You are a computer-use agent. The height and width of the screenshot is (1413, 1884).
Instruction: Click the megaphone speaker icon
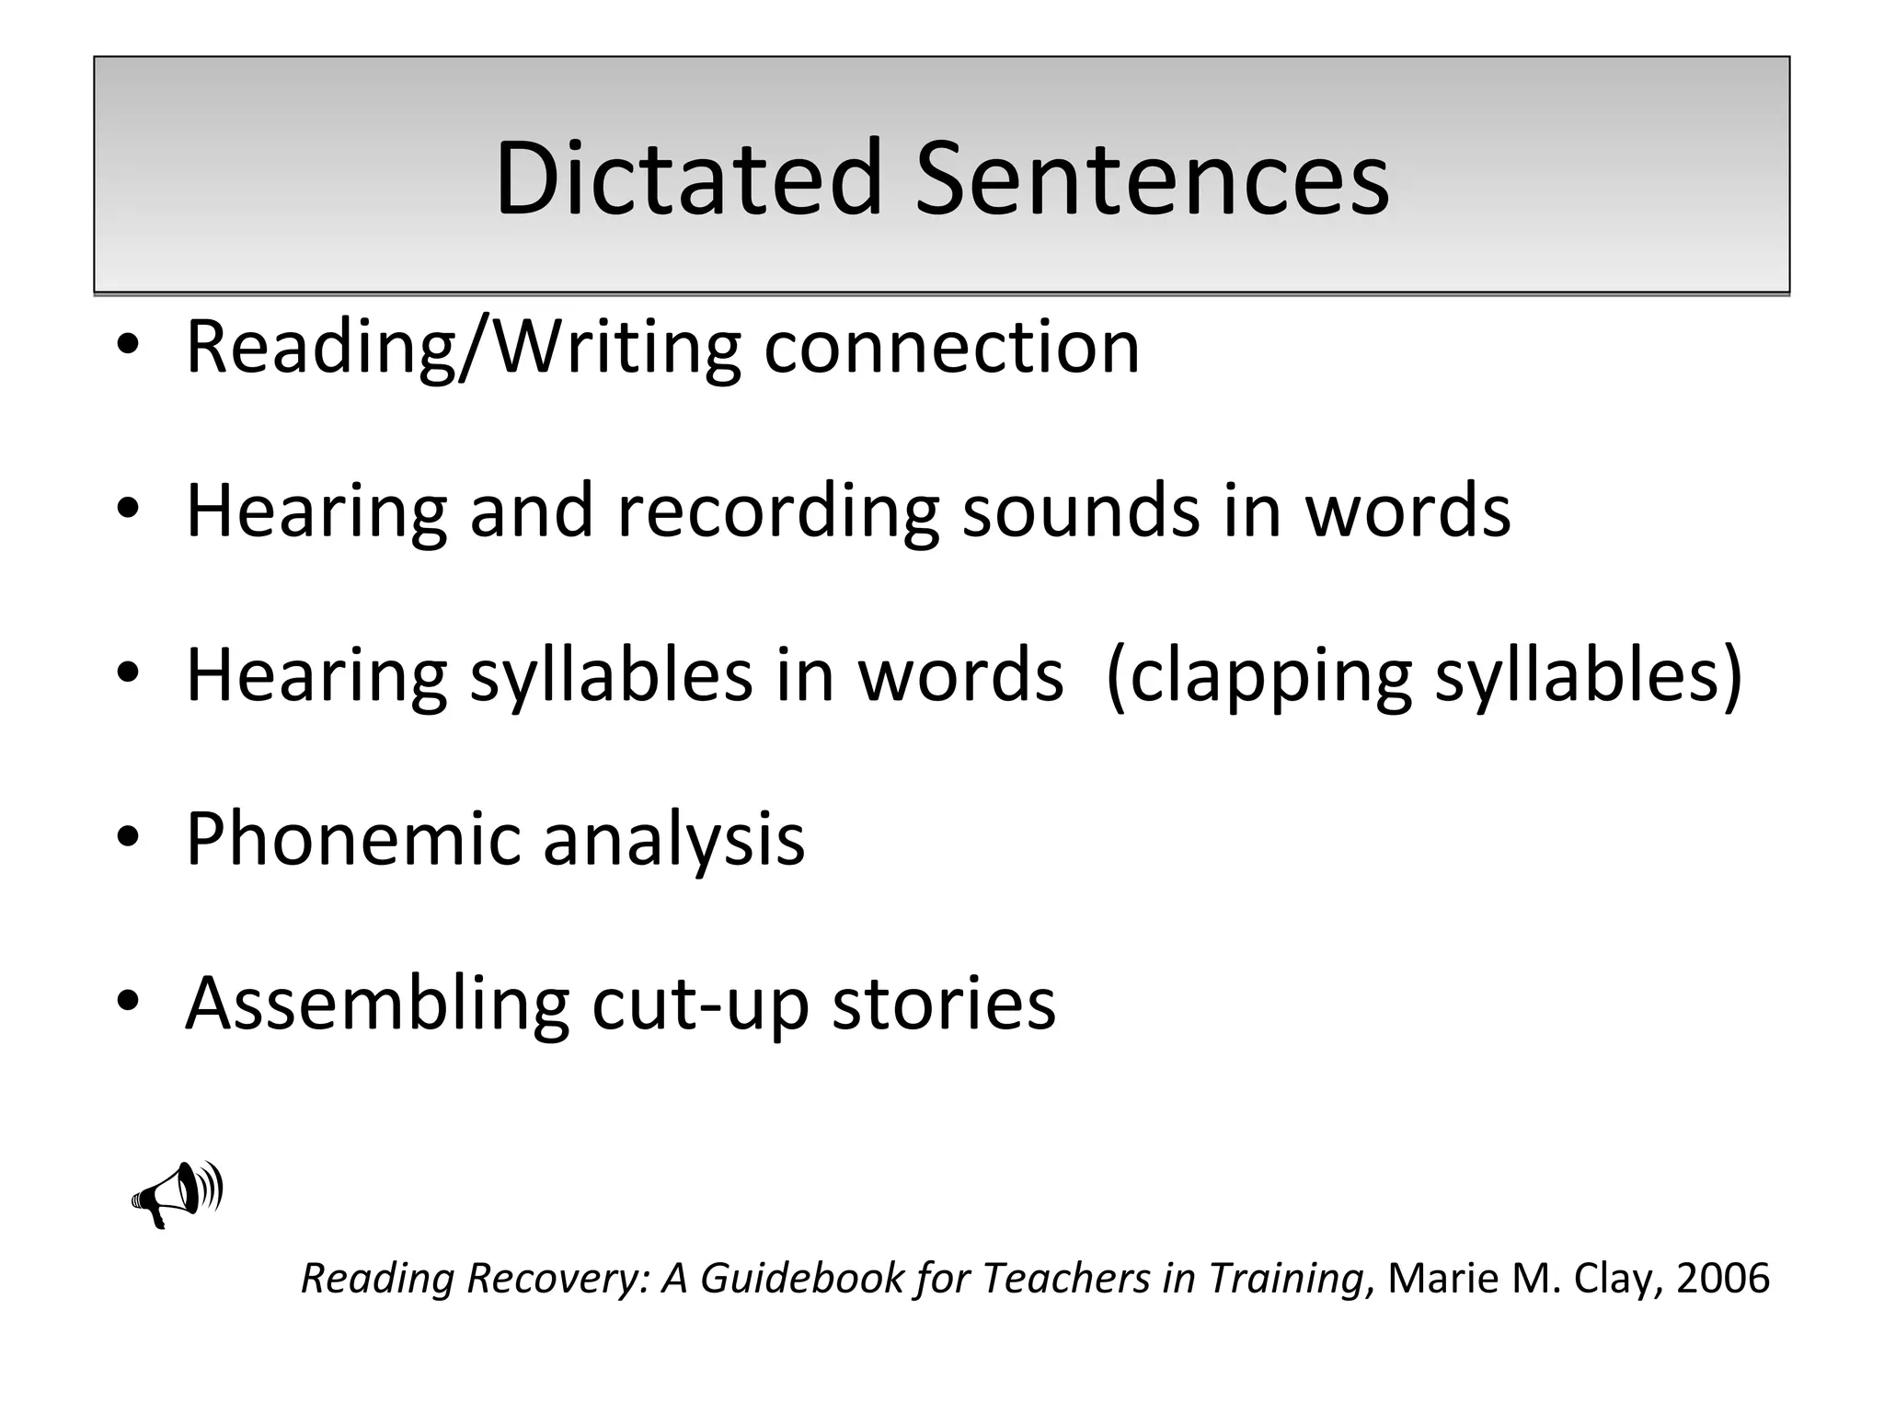tap(178, 1193)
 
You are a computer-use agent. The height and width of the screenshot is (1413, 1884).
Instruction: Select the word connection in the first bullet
tap(951, 348)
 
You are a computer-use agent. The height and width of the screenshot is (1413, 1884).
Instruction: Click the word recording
tap(777, 511)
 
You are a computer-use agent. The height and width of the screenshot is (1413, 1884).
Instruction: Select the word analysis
tap(673, 839)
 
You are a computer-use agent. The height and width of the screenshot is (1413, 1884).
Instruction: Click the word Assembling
tap(377, 1004)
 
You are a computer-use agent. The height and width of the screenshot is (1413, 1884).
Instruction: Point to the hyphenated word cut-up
tap(700, 1004)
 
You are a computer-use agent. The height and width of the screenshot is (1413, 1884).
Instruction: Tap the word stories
tap(944, 1004)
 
